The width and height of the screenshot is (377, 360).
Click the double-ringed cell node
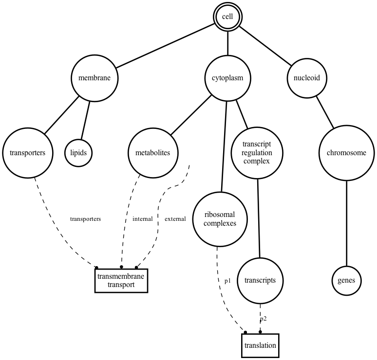click(227, 17)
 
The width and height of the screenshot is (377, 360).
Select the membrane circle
click(94, 78)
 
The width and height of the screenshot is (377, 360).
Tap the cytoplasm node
click(227, 78)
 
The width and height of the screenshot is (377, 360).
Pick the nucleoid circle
click(306, 78)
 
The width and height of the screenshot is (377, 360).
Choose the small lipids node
click(78, 153)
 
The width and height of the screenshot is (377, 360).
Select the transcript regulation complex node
click(256, 153)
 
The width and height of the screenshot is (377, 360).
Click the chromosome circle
click(346, 153)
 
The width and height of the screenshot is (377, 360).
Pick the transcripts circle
click(261, 280)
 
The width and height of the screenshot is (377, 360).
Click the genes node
click(346, 280)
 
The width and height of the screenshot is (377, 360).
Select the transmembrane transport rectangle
click(121, 281)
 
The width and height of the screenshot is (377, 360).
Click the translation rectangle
click(260, 345)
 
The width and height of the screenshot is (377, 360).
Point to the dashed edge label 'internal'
click(142, 219)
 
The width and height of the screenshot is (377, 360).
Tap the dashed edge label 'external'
click(175, 219)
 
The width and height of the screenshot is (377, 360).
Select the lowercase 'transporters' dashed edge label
click(85, 219)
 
